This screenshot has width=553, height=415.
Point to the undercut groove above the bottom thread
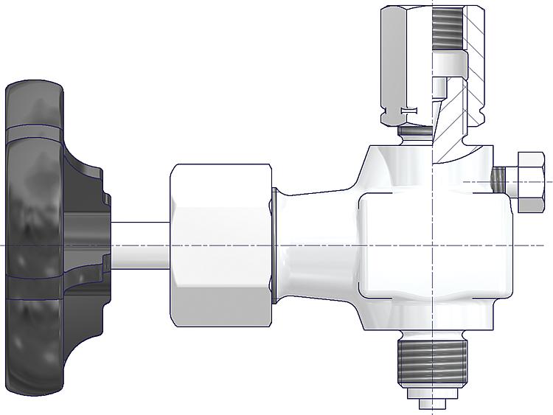(x=431, y=337)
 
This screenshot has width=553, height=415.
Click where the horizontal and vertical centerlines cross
(x=431, y=245)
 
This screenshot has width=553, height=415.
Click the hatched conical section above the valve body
(x=448, y=129)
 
